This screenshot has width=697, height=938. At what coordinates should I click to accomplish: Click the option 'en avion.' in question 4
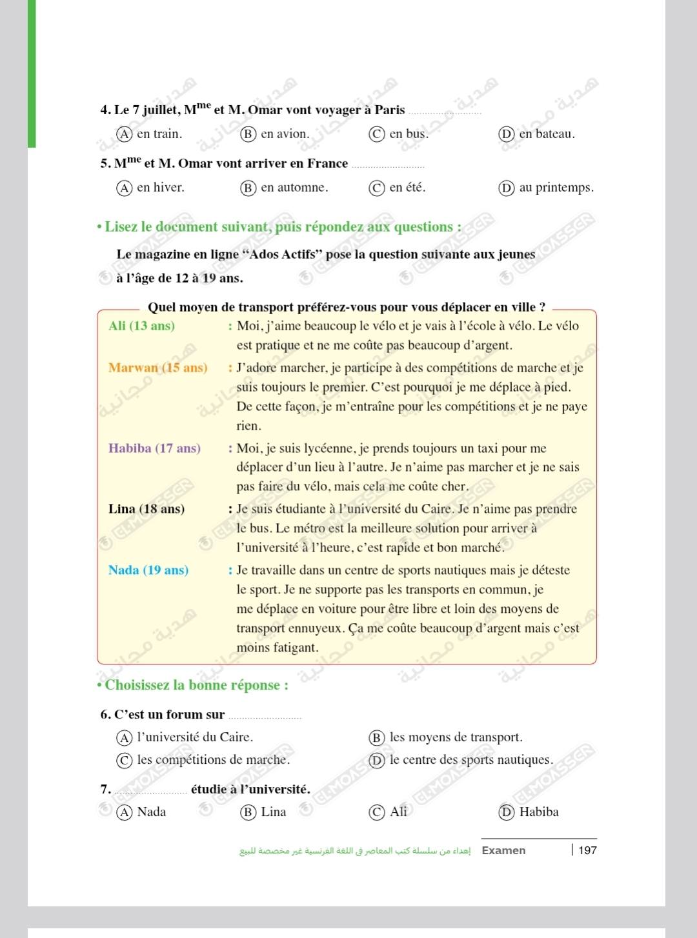(284, 134)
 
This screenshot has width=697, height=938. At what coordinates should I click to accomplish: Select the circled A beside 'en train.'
(124, 134)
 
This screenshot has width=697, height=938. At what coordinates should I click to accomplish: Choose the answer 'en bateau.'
(546, 134)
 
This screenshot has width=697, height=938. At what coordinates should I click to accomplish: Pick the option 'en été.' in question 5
(407, 188)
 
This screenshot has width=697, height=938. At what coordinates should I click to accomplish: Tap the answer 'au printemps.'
(556, 188)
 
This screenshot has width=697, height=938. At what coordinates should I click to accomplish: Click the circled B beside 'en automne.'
(248, 188)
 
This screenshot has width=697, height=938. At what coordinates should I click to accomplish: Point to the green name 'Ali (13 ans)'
(141, 326)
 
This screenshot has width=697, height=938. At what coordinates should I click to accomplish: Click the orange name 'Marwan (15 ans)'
(157, 368)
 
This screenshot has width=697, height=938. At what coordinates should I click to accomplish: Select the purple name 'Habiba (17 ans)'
(154, 448)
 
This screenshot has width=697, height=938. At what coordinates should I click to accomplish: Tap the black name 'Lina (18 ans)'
(146, 509)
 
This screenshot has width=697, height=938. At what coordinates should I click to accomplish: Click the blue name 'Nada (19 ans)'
(148, 570)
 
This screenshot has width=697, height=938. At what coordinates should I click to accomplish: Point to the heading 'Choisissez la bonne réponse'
(196, 685)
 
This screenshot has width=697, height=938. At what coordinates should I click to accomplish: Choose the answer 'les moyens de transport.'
(456, 737)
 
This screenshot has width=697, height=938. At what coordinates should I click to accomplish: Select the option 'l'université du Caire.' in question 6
(194, 737)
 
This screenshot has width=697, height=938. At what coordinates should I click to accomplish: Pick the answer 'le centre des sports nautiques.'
(470, 760)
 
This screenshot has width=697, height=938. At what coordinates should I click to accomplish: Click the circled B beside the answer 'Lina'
(248, 812)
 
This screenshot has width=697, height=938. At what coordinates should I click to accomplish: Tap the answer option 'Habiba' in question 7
(538, 812)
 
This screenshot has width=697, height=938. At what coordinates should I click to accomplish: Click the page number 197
(587, 850)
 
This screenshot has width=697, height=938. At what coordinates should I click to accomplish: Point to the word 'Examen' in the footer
(503, 850)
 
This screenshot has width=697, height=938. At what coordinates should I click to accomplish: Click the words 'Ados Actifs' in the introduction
(282, 254)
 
